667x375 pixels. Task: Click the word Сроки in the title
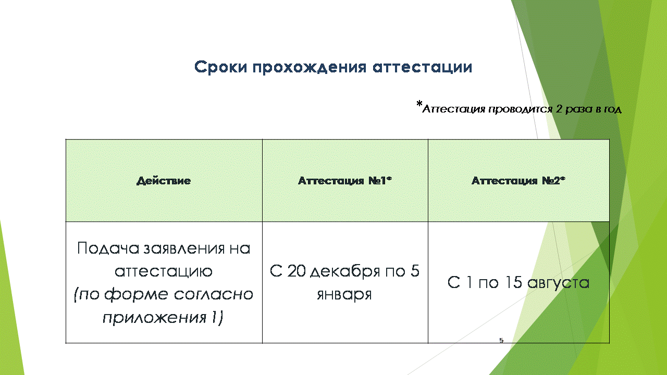click(x=220, y=67)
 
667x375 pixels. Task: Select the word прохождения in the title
click(x=310, y=67)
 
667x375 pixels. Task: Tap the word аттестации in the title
click(x=422, y=67)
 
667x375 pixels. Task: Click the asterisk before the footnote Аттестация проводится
click(x=419, y=104)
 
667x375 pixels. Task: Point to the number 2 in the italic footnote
click(x=559, y=109)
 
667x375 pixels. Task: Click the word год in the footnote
click(x=612, y=109)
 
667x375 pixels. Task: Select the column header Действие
click(x=164, y=181)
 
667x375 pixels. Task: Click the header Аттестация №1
click(x=345, y=180)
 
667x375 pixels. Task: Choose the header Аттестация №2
click(x=518, y=180)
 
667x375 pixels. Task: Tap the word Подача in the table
click(x=108, y=248)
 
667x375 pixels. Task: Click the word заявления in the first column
click(x=184, y=248)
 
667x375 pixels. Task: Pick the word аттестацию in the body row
click(x=164, y=271)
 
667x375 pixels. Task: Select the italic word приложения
click(x=155, y=317)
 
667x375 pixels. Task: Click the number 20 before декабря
click(x=297, y=271)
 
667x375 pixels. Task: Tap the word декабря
click(x=345, y=271)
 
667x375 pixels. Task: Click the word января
click(x=344, y=295)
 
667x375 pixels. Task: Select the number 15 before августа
click(x=514, y=282)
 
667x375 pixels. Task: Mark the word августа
click(x=558, y=283)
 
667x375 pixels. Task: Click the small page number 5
click(x=501, y=340)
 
